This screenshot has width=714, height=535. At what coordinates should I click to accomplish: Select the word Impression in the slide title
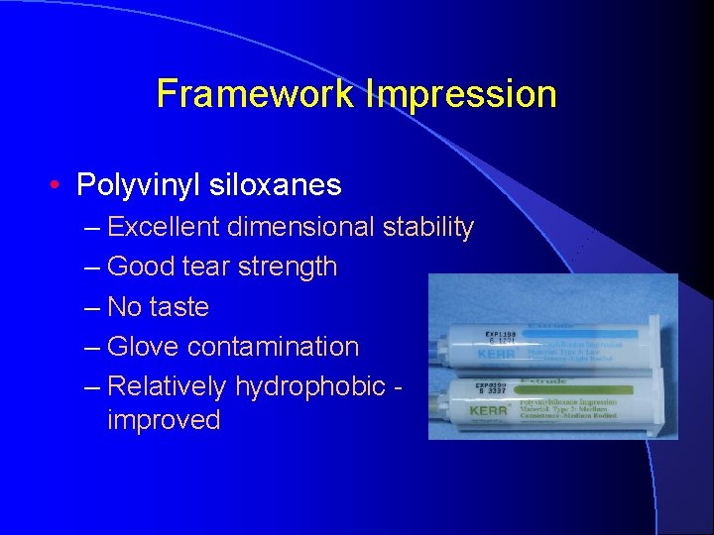click(x=461, y=95)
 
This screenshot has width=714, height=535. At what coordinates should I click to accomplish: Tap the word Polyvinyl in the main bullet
click(x=139, y=185)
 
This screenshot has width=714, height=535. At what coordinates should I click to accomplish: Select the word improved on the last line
click(x=164, y=419)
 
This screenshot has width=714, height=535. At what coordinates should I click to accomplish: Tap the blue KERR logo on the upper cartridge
click(x=496, y=352)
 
